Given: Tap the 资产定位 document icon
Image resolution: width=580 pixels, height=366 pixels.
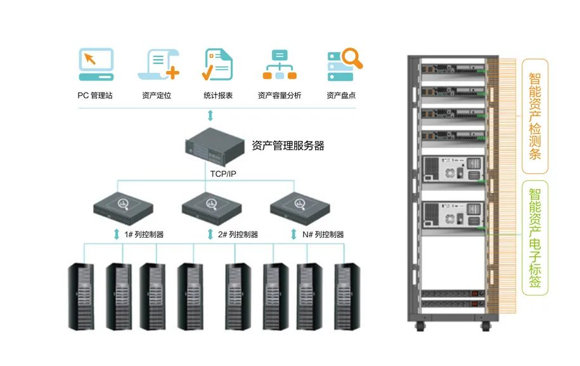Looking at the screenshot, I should point(158,64).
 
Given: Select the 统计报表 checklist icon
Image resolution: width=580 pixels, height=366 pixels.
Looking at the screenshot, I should point(218,64).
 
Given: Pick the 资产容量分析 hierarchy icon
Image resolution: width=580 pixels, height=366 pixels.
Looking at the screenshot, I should point(280,64).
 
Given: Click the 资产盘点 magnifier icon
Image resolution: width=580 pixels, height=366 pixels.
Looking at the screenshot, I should point(344,64).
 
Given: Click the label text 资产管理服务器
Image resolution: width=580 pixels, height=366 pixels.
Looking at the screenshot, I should point(288,146).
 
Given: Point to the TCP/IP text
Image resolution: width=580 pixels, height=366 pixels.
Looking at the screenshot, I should point(224,172).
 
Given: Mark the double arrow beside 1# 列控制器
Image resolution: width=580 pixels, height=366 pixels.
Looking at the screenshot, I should point(117,235).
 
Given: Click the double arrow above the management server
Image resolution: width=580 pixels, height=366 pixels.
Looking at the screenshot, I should point(210,115).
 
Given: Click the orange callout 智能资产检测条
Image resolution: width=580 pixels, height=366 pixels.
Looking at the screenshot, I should point(535,116).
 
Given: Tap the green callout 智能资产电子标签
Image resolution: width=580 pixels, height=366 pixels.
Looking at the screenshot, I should point(535,238).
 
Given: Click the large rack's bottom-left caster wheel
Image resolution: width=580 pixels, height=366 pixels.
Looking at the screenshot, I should point(419,327).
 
